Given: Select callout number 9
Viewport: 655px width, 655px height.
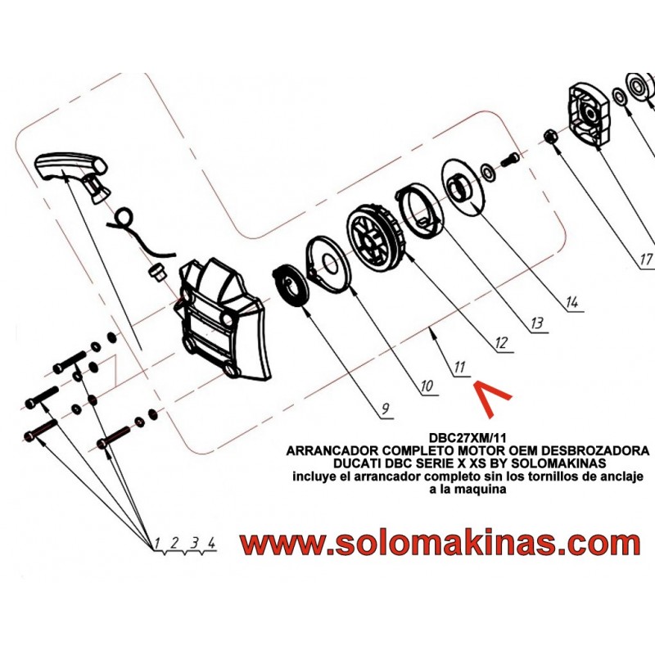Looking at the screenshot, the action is click(385, 408).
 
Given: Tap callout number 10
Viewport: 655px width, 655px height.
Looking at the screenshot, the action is click(427, 386).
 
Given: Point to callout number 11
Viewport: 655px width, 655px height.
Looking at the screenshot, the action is click(458, 367).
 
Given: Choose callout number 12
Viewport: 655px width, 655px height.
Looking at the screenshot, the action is click(500, 343).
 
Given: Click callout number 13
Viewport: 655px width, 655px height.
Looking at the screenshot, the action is click(536, 323).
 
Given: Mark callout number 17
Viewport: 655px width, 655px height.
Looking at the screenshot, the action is click(645, 260).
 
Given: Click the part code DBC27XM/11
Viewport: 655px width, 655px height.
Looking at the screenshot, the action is click(468, 438).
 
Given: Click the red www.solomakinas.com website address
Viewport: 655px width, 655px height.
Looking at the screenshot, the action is click(440, 544).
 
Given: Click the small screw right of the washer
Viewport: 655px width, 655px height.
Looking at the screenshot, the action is click(509, 160).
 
